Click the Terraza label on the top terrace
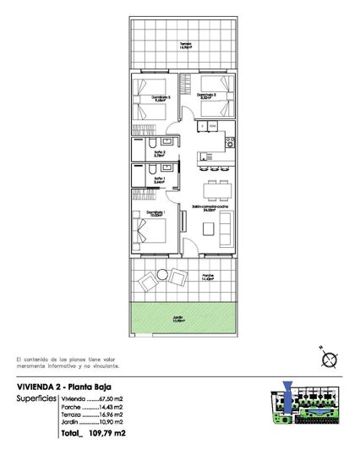pos(184,46)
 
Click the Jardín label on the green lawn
pos(184,320)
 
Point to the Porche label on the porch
pos(208,277)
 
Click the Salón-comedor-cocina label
pos(210,206)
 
